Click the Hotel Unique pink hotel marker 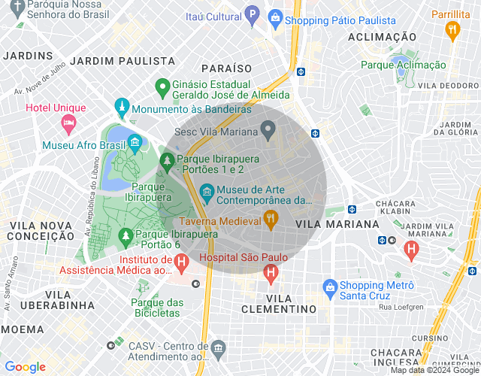coord(68,122)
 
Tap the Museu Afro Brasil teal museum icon coord(135,142)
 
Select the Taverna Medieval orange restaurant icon coord(271,220)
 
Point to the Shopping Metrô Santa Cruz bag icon coord(329,287)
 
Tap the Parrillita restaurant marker coord(452,31)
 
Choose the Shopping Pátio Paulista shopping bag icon coord(274,17)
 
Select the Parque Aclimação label coord(403,65)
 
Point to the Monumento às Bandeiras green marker coord(121,108)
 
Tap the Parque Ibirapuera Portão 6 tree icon coord(124,237)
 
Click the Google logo coord(26,367)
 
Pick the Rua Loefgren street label coord(403,306)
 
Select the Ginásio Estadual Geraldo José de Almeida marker coord(161,88)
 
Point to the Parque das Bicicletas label coord(156,308)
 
